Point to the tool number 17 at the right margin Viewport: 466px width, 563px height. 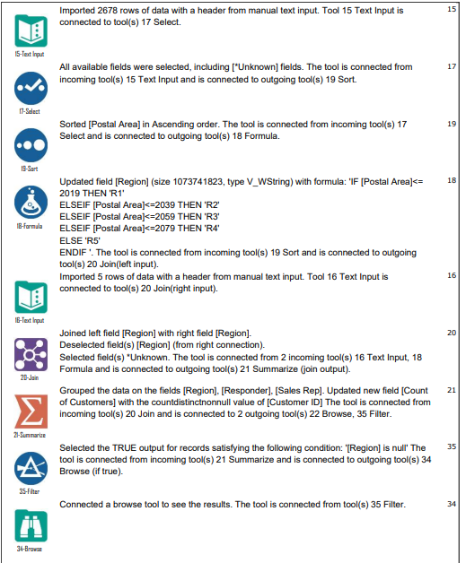[451, 66]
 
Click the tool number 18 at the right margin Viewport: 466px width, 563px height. [451, 180]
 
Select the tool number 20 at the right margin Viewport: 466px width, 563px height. [451, 333]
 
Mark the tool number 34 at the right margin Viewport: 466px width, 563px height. [451, 504]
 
